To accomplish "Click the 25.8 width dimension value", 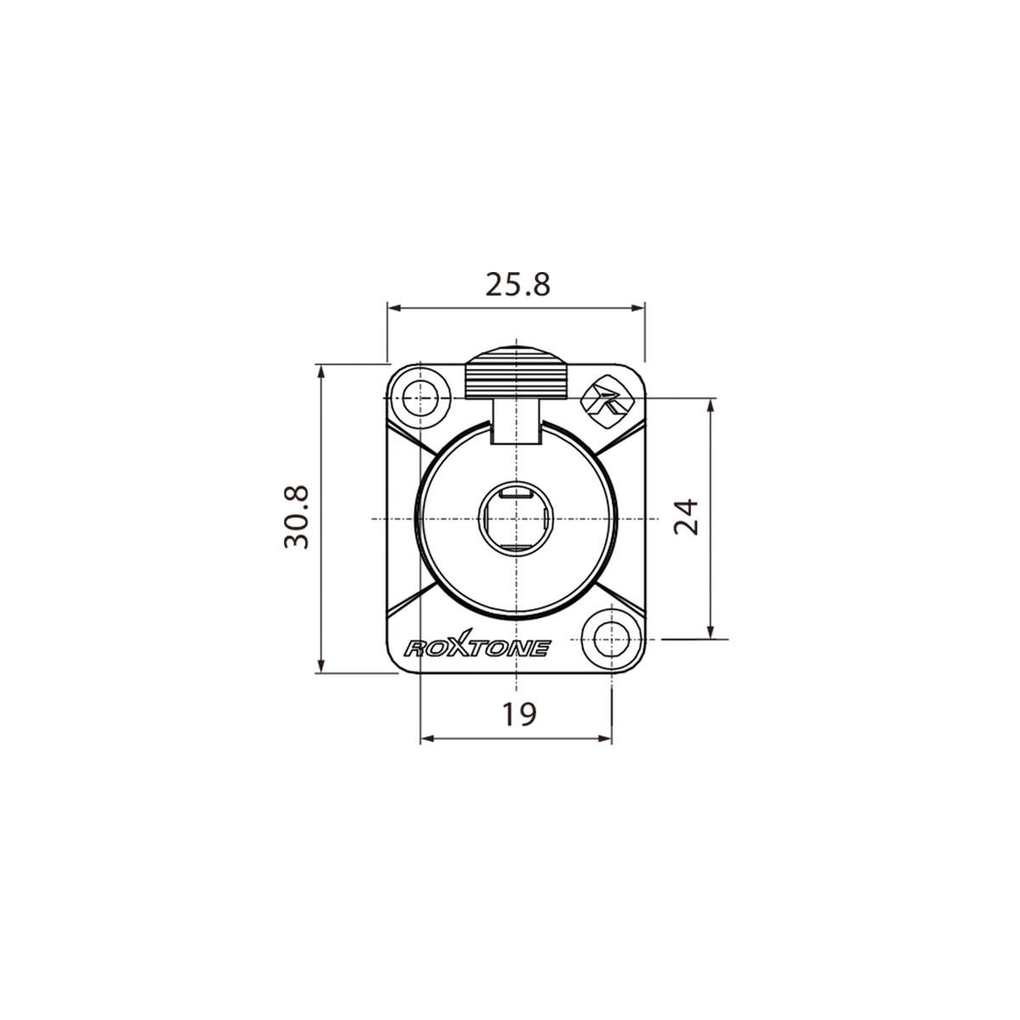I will click(x=518, y=285).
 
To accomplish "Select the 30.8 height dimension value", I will click(x=297, y=518).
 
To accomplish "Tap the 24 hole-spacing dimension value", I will click(x=685, y=517).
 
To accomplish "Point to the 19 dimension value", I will click(x=518, y=715).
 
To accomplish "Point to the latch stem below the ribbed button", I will click(x=517, y=422).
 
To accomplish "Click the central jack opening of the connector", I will click(x=517, y=519).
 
